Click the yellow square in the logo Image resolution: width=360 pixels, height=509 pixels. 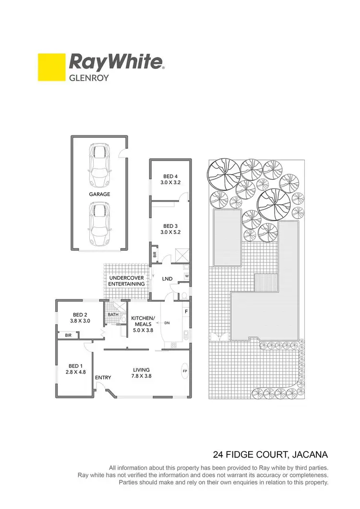pyautogui.click(x=52, y=67)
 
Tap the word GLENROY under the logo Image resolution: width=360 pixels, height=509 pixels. pyautogui.click(x=90, y=77)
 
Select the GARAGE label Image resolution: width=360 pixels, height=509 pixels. pyautogui.click(x=99, y=194)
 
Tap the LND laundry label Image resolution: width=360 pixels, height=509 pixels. pyautogui.click(x=168, y=278)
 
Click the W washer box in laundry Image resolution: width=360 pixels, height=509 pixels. pyautogui.click(x=186, y=276)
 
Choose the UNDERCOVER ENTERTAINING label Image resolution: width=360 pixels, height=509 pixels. pyautogui.click(x=127, y=281)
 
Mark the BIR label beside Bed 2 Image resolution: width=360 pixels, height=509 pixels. pyautogui.click(x=68, y=335)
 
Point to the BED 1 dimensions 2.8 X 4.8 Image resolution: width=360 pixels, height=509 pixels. pyautogui.click(x=76, y=372)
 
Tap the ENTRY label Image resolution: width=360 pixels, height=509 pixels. pyautogui.click(x=103, y=378)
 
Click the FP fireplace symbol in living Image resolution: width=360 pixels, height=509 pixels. pyautogui.click(x=185, y=371)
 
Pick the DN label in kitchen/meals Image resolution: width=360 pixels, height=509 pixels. pyautogui.click(x=168, y=323)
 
